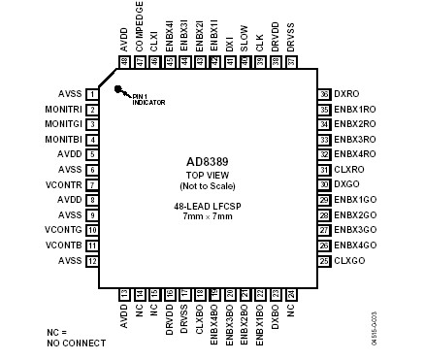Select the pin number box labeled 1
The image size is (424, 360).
click(90, 95)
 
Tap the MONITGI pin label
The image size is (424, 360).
click(63, 124)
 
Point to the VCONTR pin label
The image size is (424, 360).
click(64, 184)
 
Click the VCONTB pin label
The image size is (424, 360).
click(64, 245)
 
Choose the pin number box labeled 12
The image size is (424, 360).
click(90, 260)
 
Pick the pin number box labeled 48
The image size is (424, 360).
click(124, 62)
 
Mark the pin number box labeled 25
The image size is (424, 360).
click(323, 260)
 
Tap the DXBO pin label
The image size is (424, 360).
click(275, 316)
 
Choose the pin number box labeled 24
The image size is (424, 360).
click(290, 293)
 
